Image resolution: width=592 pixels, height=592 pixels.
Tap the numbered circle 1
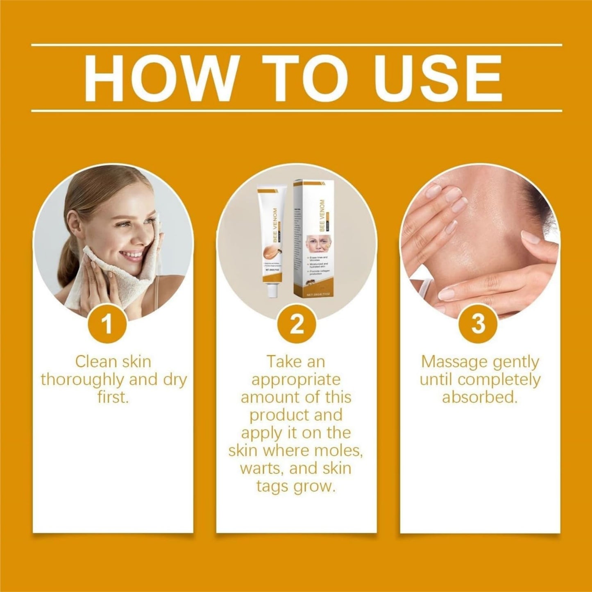click(x=108, y=324)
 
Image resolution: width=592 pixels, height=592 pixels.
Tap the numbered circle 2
click(x=296, y=324)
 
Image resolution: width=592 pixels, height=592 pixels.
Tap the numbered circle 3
click(x=478, y=324)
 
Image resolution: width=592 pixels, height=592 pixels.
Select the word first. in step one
click(x=113, y=397)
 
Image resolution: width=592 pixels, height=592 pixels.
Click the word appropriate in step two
click(x=296, y=380)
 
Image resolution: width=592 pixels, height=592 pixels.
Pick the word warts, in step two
click(x=262, y=468)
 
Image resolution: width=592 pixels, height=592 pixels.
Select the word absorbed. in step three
click(x=479, y=397)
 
